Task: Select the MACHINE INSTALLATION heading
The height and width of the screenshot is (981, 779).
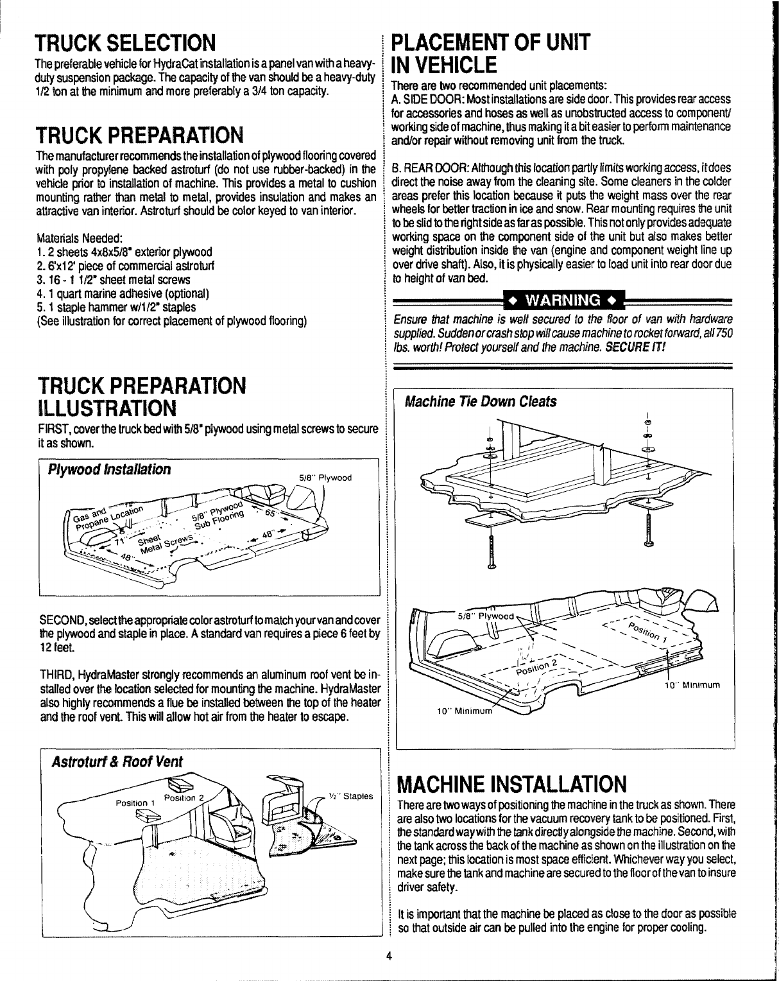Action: point(511,784)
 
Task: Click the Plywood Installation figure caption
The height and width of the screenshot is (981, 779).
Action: point(105,469)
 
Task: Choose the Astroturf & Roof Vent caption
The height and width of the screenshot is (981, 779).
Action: point(117,761)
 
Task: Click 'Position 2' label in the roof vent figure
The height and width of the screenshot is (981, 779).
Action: point(184,798)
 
